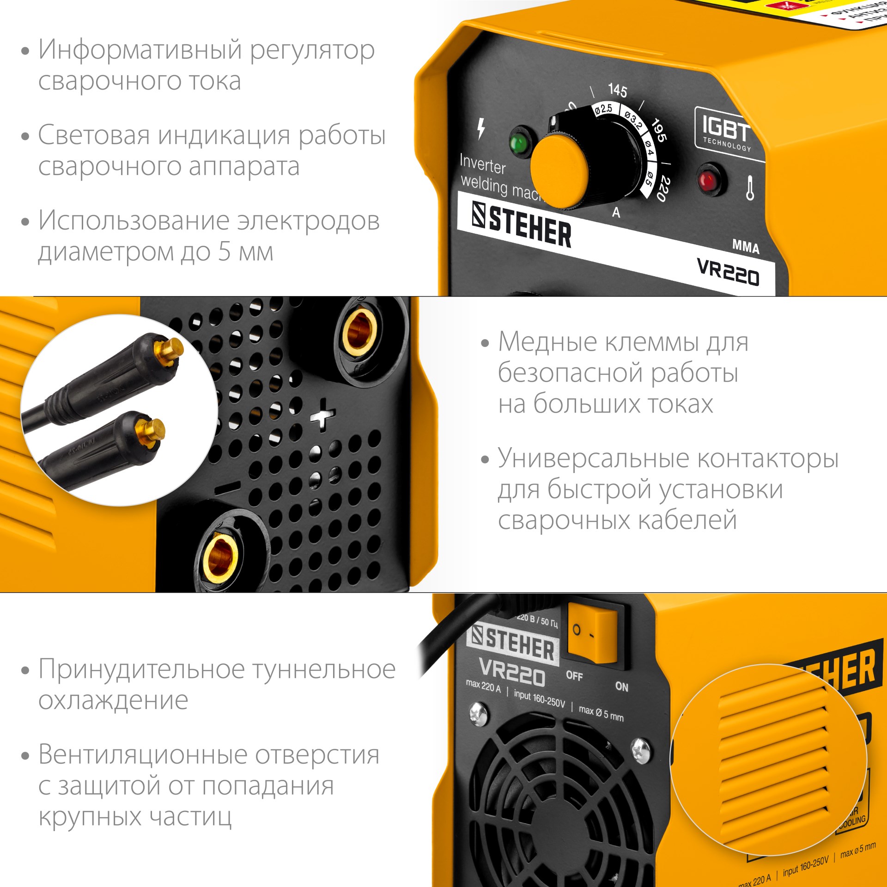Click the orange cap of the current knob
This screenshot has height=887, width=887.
pyautogui.click(x=559, y=170)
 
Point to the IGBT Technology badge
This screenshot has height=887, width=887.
pyautogui.click(x=726, y=131)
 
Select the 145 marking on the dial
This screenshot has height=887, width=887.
pyautogui.click(x=618, y=90)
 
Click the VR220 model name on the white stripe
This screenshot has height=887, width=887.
pyautogui.click(x=728, y=272)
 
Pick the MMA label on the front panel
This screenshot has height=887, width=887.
pyautogui.click(x=746, y=246)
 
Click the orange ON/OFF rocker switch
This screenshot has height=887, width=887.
pyautogui.click(x=593, y=635)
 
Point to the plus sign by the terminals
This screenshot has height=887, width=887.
pyautogui.click(x=323, y=414)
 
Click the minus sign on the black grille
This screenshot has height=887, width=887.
pyautogui.click(x=227, y=488)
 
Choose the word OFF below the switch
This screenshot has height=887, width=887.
pyautogui.click(x=574, y=675)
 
